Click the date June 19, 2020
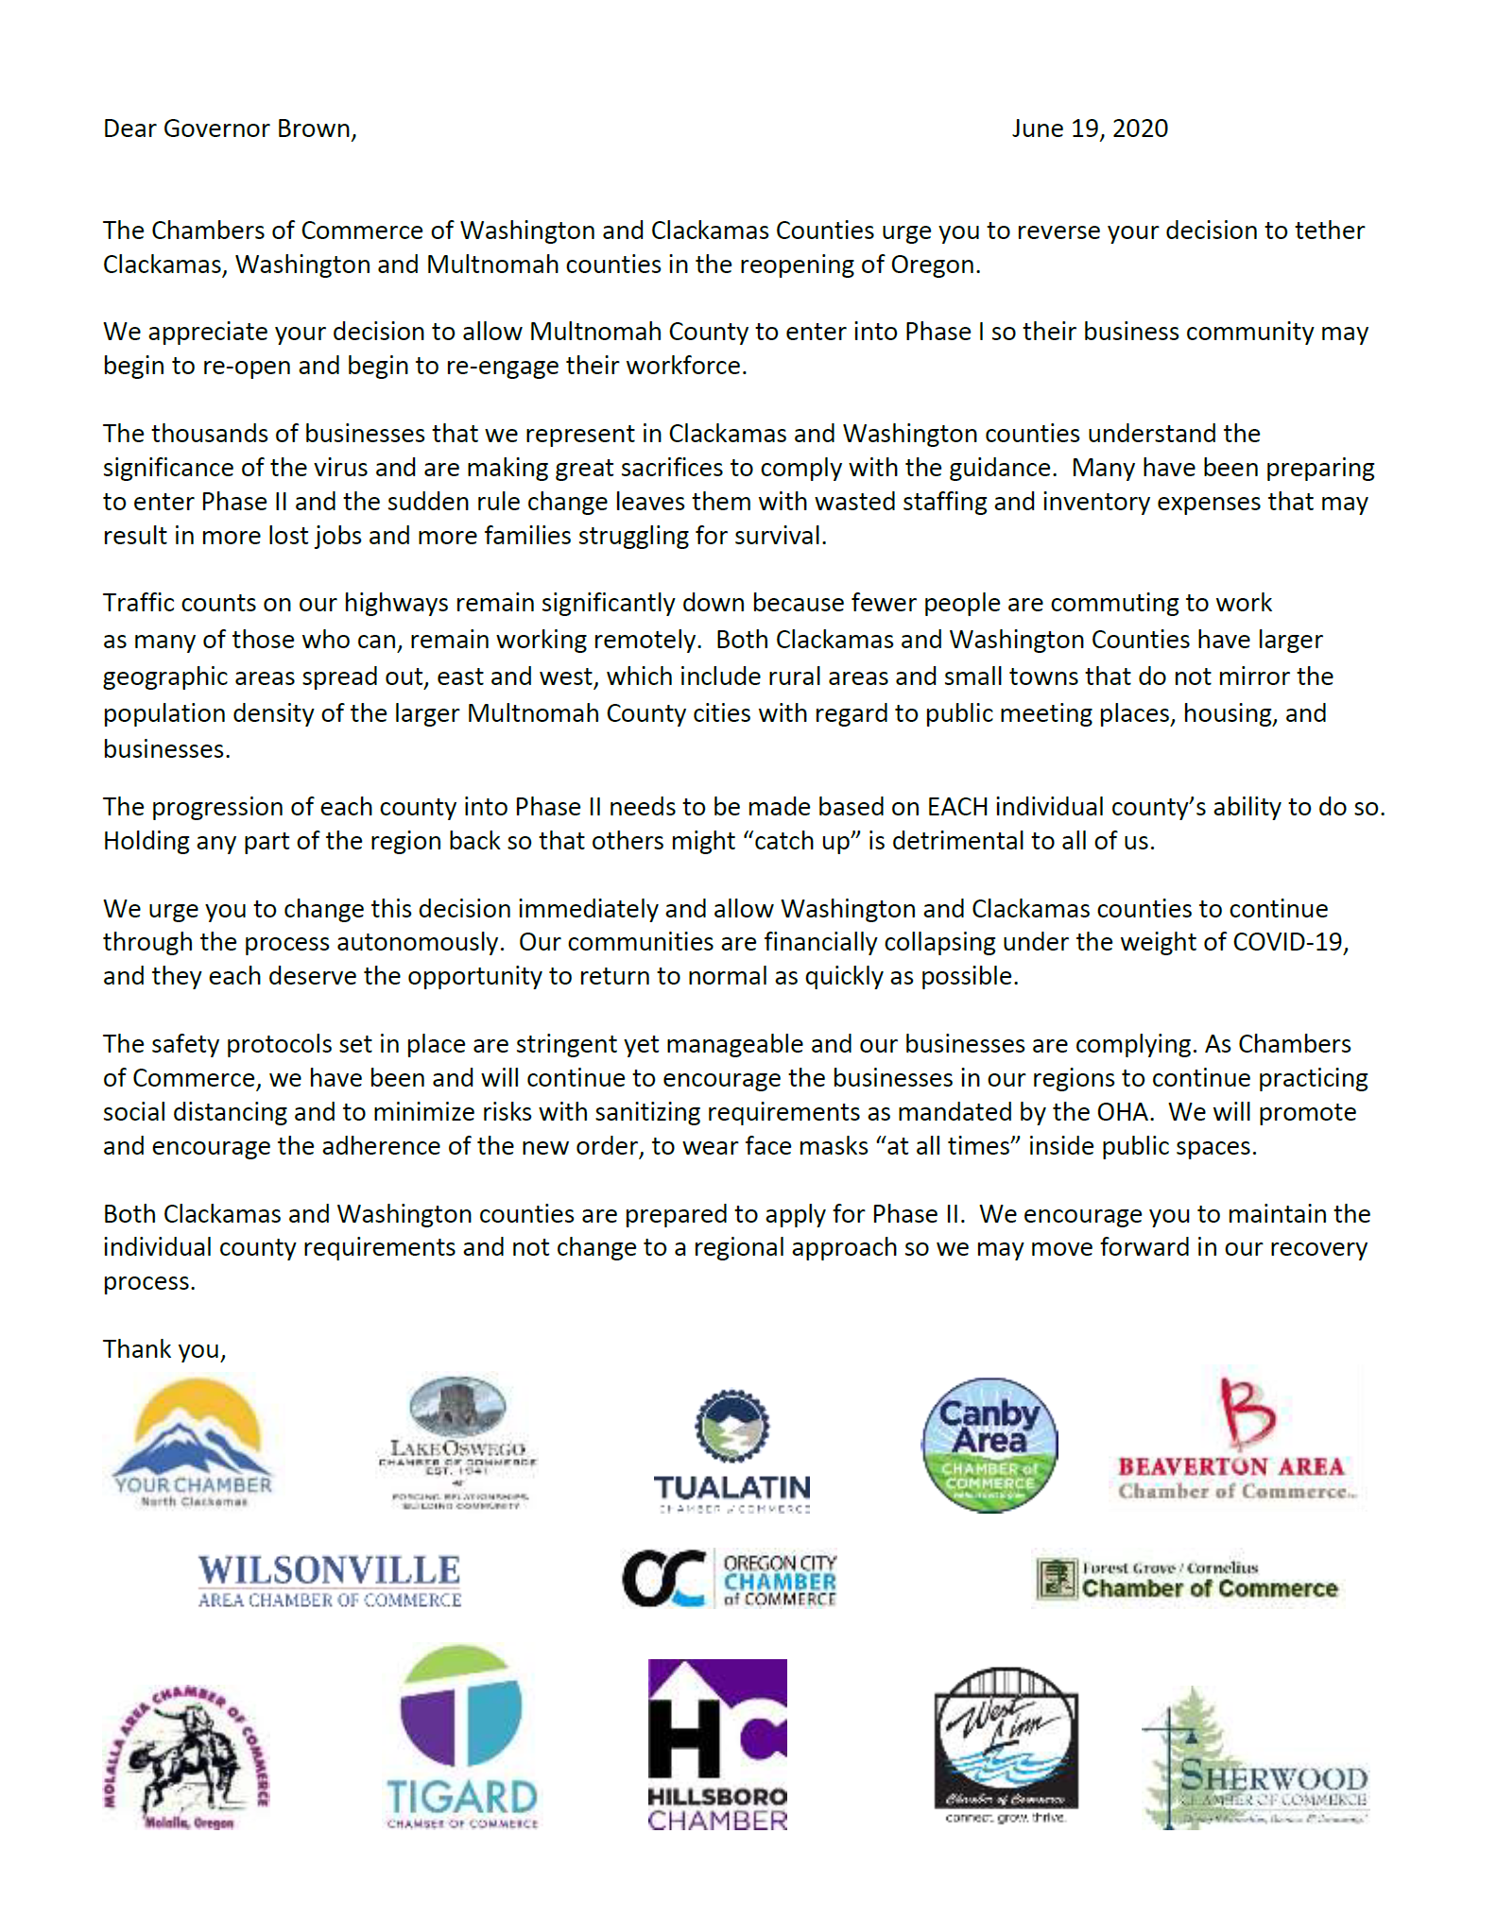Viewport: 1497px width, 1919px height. click(x=1089, y=129)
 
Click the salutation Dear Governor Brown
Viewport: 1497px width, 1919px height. click(x=230, y=129)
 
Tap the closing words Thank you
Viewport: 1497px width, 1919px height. click(x=164, y=1349)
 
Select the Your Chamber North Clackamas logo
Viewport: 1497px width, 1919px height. click(x=194, y=1442)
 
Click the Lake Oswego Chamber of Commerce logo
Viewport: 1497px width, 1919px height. click(x=458, y=1442)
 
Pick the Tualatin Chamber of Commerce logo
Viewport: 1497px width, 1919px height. click(x=732, y=1451)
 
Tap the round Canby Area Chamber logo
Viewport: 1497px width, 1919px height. click(x=989, y=1445)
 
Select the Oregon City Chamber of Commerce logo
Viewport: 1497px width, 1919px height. click(x=729, y=1579)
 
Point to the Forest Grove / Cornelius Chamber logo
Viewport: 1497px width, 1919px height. click(x=1187, y=1580)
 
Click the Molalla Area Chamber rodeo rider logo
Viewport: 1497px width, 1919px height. click(x=186, y=1758)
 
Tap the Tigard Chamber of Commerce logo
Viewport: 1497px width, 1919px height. click(x=461, y=1738)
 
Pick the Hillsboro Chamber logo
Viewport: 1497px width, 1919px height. click(x=717, y=1745)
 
